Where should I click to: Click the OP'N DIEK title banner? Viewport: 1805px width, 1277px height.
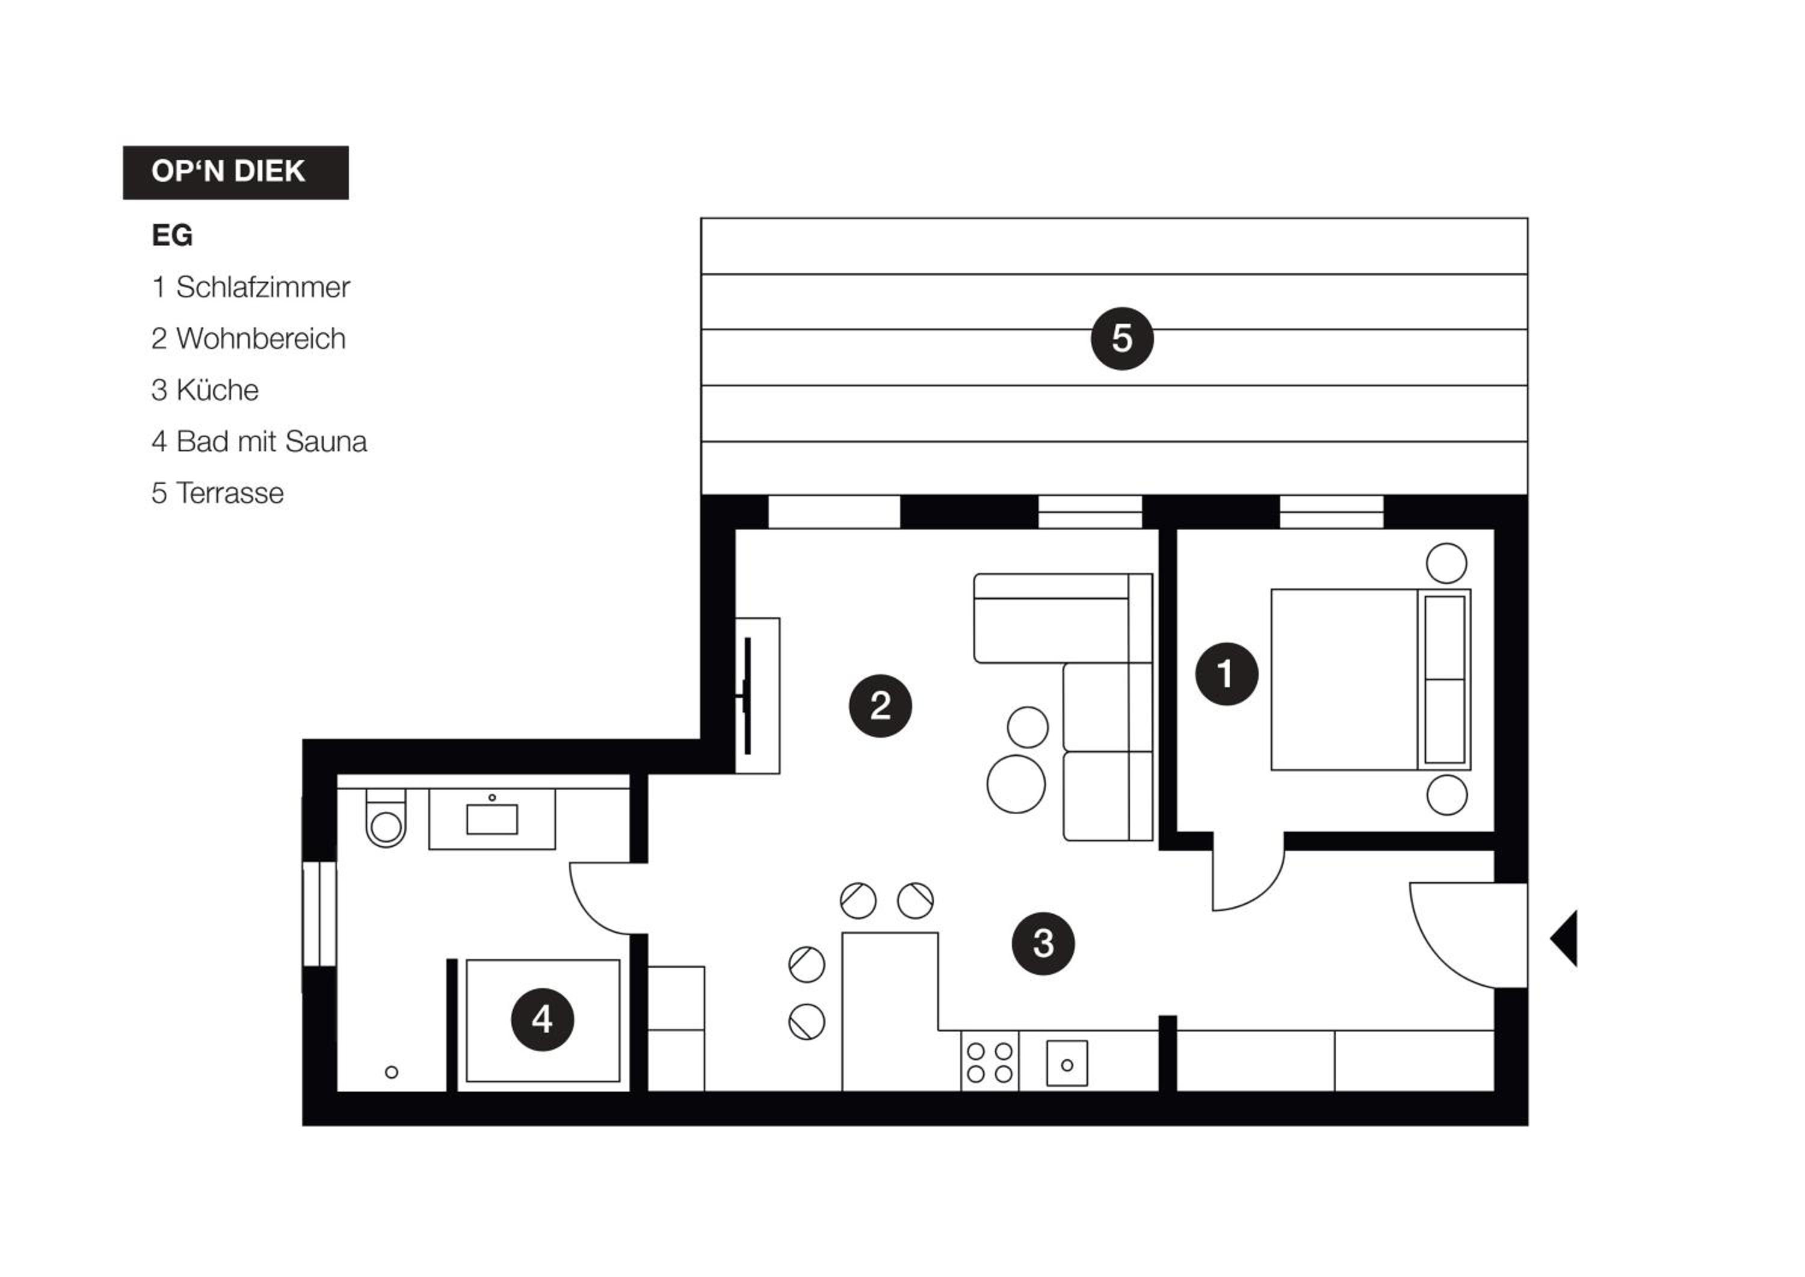pos(236,172)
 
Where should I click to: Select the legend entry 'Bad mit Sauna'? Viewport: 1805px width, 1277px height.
pos(271,442)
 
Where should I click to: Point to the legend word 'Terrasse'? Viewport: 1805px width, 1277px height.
pos(230,493)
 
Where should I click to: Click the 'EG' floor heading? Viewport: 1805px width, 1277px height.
pos(172,235)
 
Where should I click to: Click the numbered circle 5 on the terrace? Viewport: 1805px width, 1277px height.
pos(1122,338)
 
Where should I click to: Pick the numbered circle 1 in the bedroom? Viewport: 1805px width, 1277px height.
pos(1226,674)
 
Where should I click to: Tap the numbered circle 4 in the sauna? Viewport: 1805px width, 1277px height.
pos(543,1020)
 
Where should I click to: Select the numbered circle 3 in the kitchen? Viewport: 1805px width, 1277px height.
pos(1043,944)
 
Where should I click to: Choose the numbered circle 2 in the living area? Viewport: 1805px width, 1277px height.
pos(880,705)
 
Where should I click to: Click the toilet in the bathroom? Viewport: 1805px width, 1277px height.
pos(386,818)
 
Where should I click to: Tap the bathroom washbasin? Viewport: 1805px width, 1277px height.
pos(492,820)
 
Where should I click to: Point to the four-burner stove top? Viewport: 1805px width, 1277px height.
pos(990,1062)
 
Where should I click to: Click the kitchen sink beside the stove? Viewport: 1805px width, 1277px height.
pos(1067,1064)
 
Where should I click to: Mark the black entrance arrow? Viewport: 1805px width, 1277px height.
pos(1564,938)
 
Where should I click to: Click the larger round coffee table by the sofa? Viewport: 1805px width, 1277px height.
pos(1016,784)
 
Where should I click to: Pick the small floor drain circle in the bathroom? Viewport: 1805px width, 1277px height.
pos(392,1072)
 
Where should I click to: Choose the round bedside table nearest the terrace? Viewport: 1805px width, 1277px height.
pos(1446,563)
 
